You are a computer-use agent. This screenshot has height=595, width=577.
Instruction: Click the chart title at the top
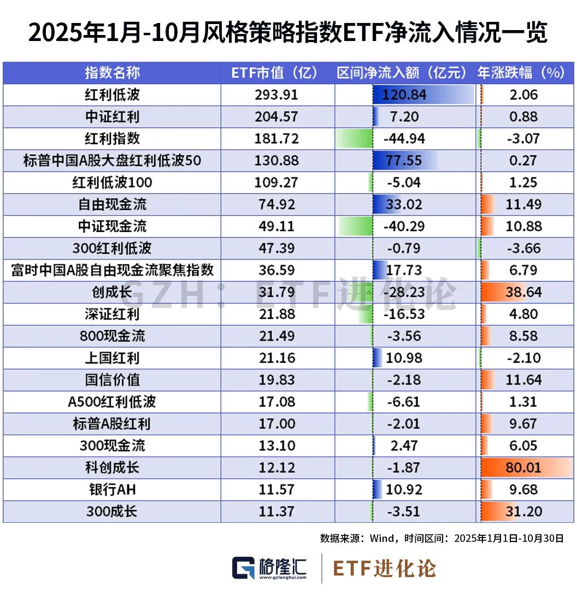click(x=288, y=34)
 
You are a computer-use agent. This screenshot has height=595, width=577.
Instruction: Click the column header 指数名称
click(x=112, y=73)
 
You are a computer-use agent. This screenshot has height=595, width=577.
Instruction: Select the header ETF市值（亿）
click(x=278, y=73)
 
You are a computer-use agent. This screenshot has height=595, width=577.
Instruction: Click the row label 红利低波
click(x=112, y=95)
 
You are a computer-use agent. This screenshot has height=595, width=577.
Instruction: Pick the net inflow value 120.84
click(x=404, y=95)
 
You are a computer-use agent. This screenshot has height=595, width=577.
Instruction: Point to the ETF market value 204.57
click(x=277, y=116)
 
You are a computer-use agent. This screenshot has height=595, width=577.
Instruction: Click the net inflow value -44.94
click(x=404, y=139)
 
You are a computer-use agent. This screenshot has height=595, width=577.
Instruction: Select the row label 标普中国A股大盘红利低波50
click(x=112, y=161)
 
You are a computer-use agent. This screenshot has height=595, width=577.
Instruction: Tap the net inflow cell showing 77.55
click(x=404, y=161)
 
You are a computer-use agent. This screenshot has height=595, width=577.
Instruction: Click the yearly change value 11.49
click(x=523, y=205)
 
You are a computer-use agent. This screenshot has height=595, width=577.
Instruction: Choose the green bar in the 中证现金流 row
click(x=355, y=226)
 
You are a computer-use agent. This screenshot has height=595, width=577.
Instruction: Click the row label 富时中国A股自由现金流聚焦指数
click(x=112, y=270)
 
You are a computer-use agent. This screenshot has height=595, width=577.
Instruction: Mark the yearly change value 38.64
click(x=523, y=292)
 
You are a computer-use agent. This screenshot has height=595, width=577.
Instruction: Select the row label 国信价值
click(x=112, y=380)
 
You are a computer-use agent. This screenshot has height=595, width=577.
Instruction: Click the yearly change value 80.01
click(x=523, y=468)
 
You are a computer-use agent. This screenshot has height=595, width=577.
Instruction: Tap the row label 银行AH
click(x=112, y=489)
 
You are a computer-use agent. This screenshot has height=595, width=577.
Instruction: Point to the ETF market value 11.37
click(x=277, y=511)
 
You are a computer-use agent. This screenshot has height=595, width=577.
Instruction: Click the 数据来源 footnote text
click(x=441, y=538)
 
